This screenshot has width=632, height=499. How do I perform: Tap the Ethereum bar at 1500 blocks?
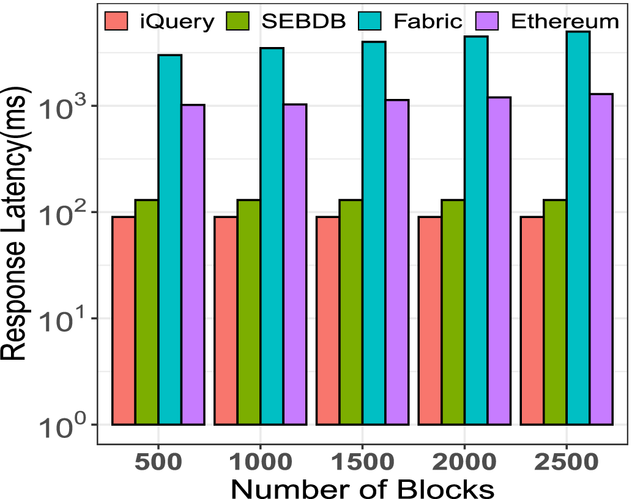[x=397, y=262]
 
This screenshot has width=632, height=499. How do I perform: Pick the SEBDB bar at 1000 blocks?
[x=249, y=312]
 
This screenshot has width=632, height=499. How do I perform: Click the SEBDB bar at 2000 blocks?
[x=453, y=312]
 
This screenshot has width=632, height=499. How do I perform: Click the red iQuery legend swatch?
[x=116, y=21]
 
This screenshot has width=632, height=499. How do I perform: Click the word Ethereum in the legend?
[x=564, y=21]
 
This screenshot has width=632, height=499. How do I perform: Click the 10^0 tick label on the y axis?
[x=64, y=428]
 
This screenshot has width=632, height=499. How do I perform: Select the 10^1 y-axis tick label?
[x=64, y=321]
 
